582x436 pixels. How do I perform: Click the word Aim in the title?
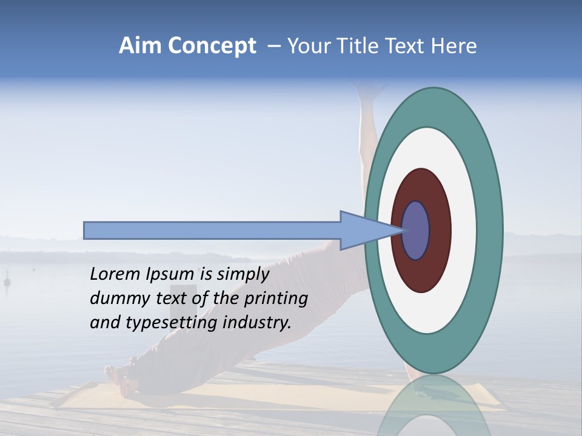click(x=141, y=46)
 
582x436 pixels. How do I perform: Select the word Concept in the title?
click(x=212, y=46)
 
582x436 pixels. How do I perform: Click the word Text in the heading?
click(x=406, y=46)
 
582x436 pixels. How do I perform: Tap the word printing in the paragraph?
click(x=276, y=299)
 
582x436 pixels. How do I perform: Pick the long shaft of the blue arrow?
click(x=212, y=230)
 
